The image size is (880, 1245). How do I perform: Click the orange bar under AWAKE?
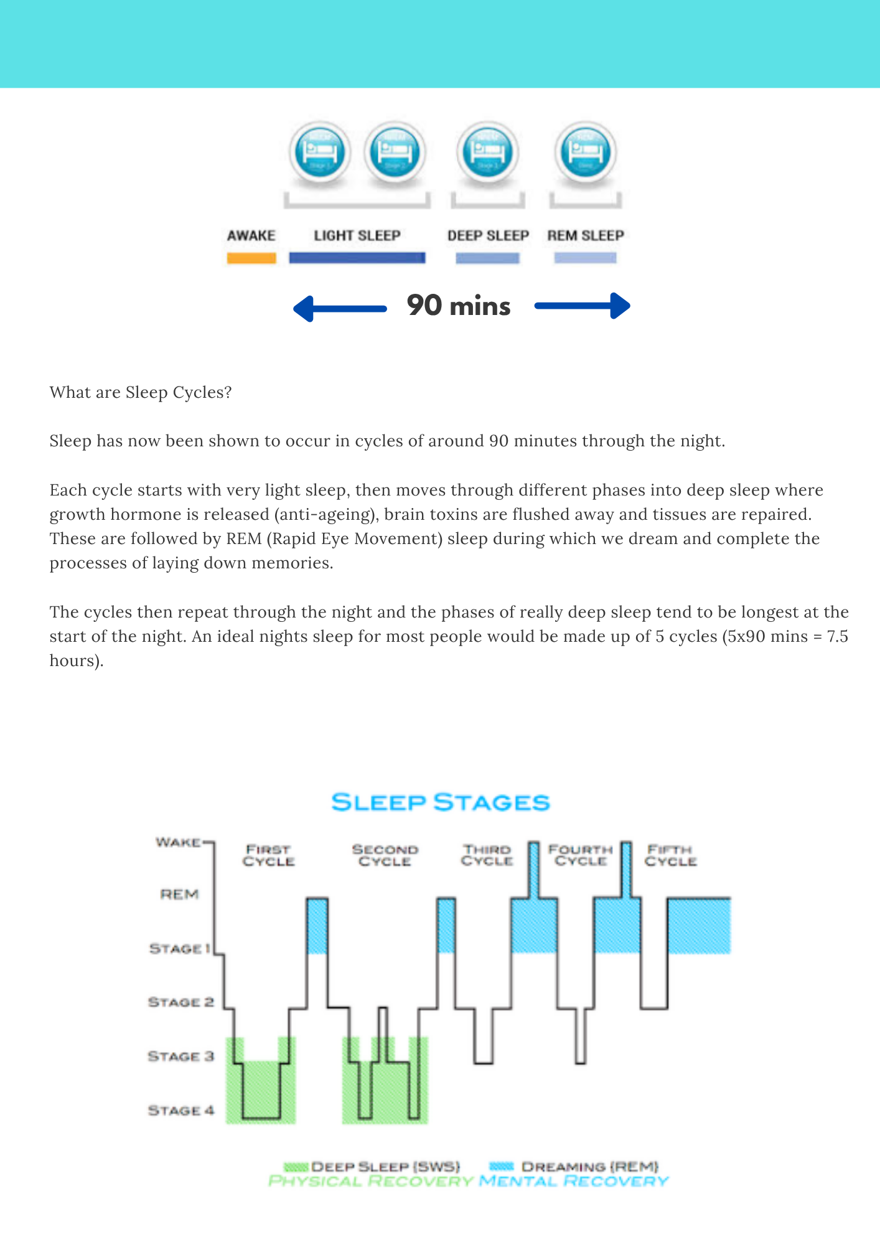[251, 258]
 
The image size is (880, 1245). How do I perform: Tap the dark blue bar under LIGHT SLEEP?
[357, 258]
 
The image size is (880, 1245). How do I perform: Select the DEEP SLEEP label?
[488, 235]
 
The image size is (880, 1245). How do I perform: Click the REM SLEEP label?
[586, 235]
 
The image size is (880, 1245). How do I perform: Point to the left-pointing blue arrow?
[339, 308]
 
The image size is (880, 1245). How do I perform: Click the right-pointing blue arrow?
[583, 306]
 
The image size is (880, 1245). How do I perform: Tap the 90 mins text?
[459, 306]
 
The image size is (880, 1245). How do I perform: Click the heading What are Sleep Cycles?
[141, 392]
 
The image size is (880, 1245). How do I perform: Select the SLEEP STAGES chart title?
[441, 802]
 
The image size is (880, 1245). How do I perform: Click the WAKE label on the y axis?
[178, 842]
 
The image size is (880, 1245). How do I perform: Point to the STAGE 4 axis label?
[181, 1111]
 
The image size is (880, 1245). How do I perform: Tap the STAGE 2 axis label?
[181, 1002]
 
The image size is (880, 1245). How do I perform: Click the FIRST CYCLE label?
[268, 855]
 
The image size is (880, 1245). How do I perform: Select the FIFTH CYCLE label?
[670, 855]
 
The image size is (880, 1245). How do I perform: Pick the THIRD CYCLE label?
[487, 855]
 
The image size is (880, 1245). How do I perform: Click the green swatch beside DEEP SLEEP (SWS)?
[296, 1167]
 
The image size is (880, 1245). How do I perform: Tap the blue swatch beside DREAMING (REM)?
[502, 1166]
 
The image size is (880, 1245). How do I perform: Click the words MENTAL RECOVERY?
[574, 1181]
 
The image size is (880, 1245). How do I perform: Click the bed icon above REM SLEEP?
[585, 153]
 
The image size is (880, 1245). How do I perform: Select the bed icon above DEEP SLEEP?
[487, 153]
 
